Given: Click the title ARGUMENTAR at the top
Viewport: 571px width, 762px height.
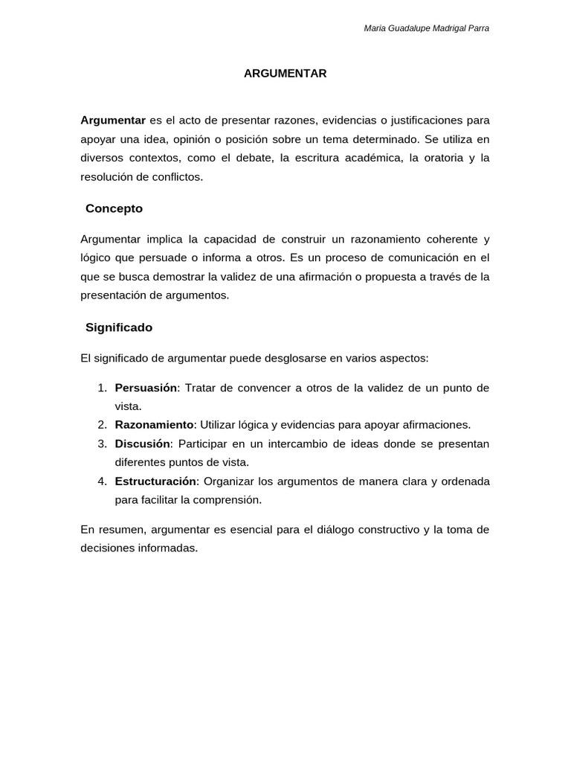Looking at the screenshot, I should (285, 74).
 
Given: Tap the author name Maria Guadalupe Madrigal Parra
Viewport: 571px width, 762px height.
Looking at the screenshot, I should (427, 28).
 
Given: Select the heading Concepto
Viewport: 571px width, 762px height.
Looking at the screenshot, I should (114, 209).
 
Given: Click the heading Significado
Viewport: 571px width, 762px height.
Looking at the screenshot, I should (119, 327).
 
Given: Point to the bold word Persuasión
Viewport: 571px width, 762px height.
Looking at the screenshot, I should (146, 388).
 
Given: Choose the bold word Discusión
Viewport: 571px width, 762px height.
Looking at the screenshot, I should (143, 444).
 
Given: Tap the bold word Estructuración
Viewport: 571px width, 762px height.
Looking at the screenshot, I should (156, 481).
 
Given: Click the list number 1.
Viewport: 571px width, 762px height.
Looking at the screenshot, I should (103, 388).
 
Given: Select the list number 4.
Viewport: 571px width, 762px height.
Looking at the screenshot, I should (103, 481).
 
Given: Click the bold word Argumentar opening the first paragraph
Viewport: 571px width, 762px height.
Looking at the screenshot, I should (112, 120).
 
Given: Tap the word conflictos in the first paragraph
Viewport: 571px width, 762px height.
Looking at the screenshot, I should (177, 177).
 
